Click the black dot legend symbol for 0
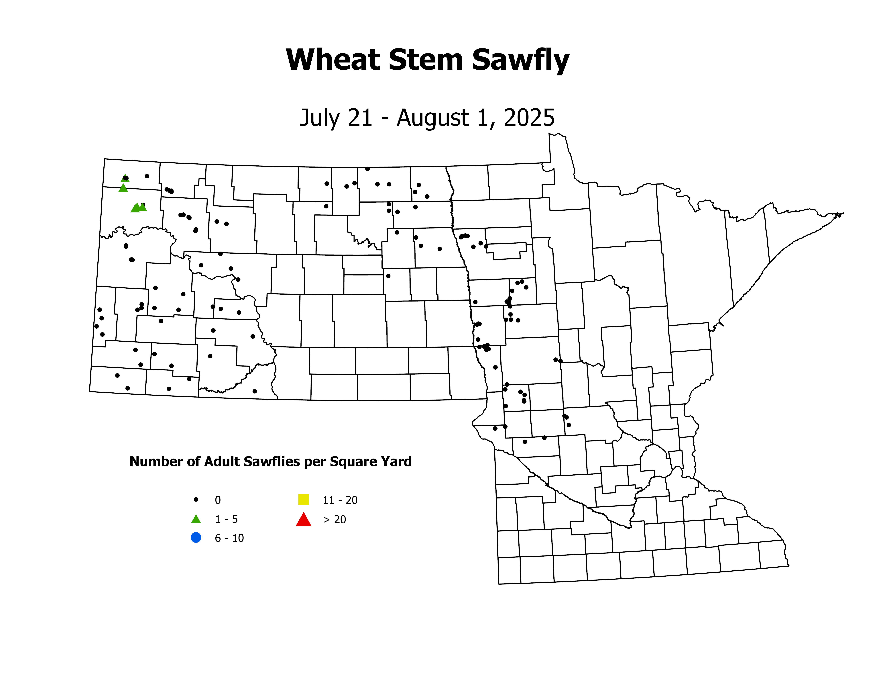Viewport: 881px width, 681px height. pyautogui.click(x=196, y=499)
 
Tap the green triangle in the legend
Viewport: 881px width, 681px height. pyautogui.click(x=196, y=519)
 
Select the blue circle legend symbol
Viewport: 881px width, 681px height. pyautogui.click(x=196, y=538)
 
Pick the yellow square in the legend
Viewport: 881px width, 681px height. pyautogui.click(x=303, y=499)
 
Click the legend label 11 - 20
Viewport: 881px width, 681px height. pyautogui.click(x=340, y=500)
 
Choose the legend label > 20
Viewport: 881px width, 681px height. pyautogui.click(x=334, y=520)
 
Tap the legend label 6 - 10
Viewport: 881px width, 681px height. pyautogui.click(x=229, y=538)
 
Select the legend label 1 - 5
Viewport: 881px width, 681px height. pyautogui.click(x=226, y=519)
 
